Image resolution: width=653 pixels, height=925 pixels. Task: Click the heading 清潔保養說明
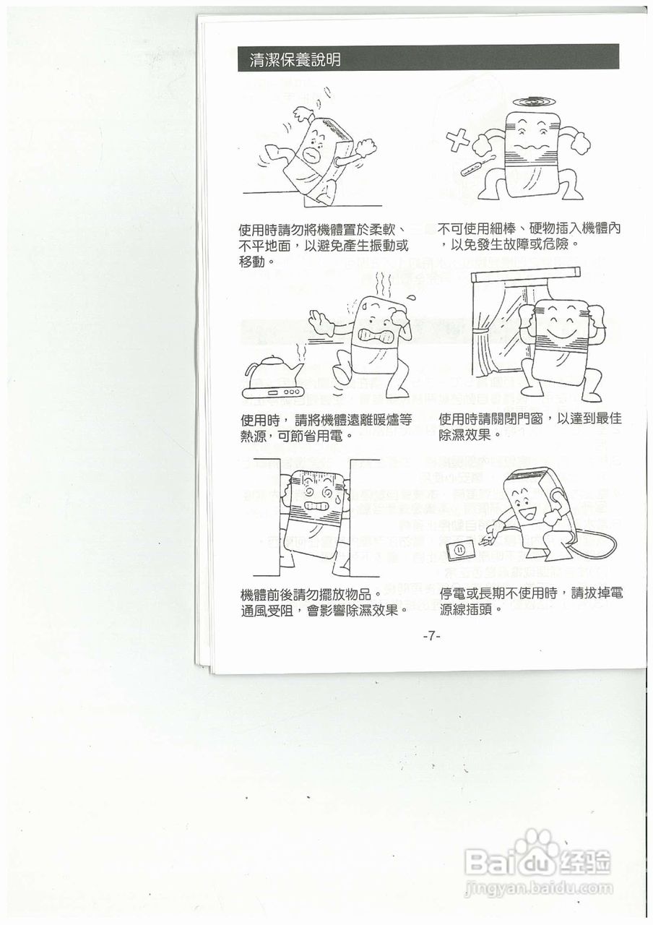coord(295,60)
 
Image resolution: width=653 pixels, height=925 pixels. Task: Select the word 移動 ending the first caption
coord(252,262)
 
